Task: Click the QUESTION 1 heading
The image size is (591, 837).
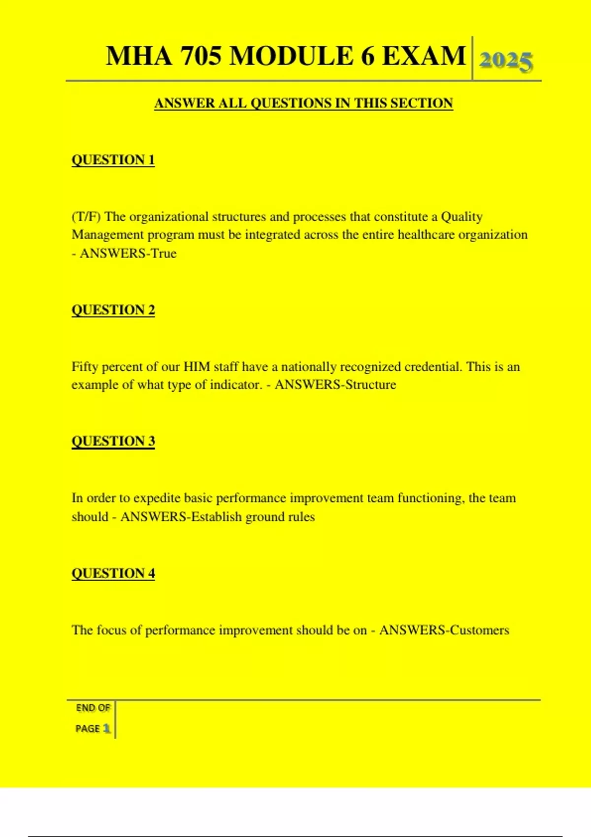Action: point(113,160)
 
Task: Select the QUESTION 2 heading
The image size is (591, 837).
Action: point(113,310)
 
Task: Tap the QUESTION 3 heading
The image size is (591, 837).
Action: point(113,441)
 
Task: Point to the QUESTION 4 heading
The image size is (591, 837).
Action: point(113,574)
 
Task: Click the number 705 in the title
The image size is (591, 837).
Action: point(200,56)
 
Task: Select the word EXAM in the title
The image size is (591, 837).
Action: point(424,56)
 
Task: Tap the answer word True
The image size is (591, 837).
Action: point(164,254)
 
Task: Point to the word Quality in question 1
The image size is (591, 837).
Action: point(461,217)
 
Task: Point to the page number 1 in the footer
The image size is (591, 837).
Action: point(107,729)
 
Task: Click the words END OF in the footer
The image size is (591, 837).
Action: point(93,708)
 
